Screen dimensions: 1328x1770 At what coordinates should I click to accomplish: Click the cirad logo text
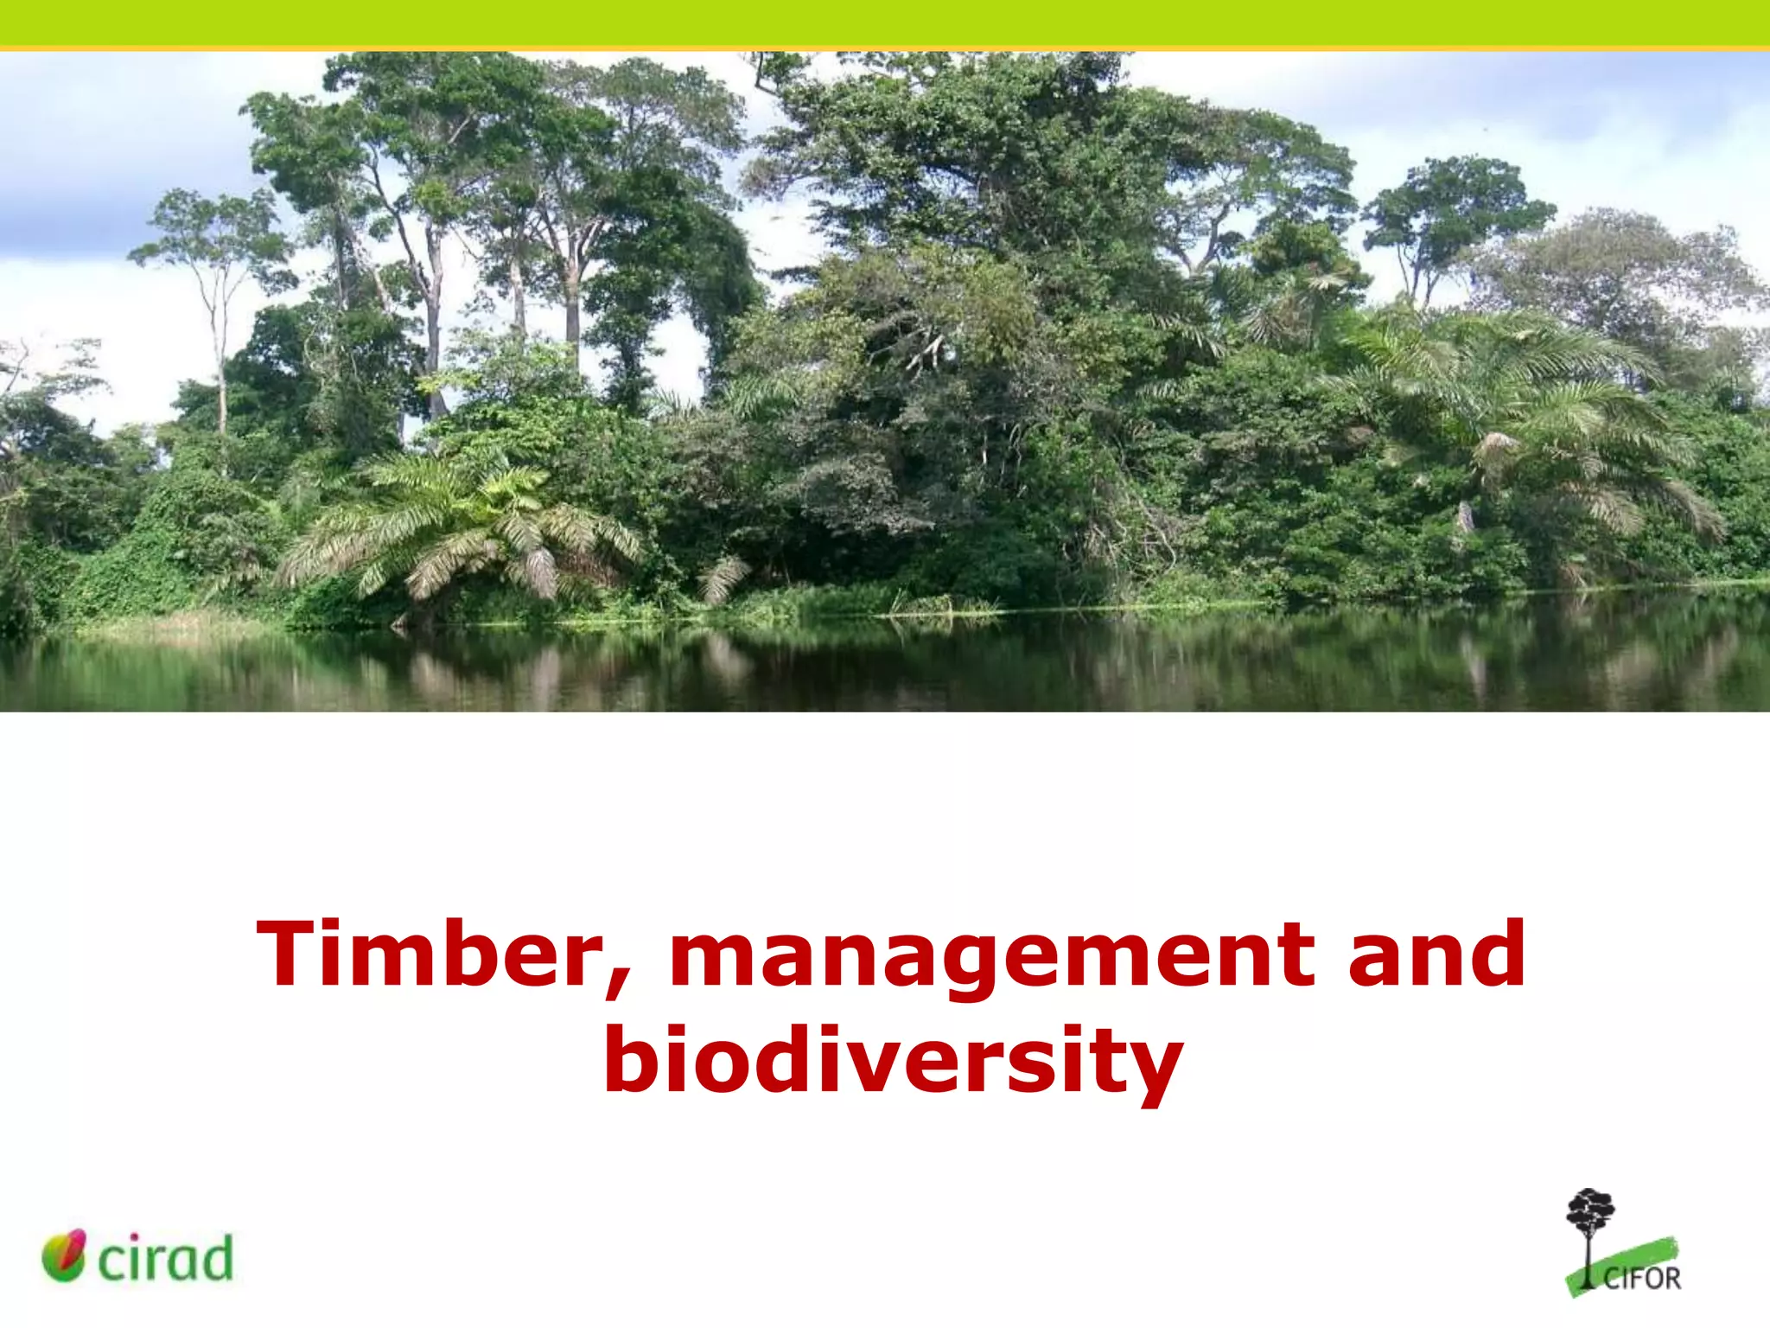coord(166,1259)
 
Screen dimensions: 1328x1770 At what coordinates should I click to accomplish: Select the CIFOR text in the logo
coord(1641,1279)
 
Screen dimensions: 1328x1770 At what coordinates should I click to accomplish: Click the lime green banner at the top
coord(885,22)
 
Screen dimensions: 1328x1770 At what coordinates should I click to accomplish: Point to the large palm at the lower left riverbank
coord(458,527)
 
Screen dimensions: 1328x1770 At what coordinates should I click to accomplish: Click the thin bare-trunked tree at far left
coord(221,346)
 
